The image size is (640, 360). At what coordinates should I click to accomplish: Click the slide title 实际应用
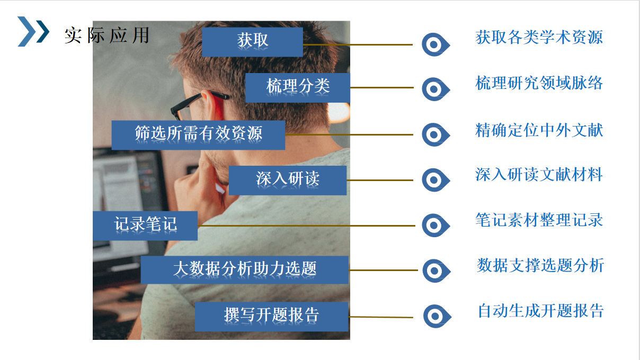107,35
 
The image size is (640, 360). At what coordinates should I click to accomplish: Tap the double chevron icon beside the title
33,31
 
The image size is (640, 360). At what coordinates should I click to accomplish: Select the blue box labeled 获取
252,42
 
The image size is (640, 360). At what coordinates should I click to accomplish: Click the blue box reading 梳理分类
298,88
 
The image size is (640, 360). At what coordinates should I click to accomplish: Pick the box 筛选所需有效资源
198,135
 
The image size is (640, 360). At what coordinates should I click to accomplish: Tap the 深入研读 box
288,181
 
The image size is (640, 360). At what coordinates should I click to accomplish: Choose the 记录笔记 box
145,226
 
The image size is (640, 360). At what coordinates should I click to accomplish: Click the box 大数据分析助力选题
245,270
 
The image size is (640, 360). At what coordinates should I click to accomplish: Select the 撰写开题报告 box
271,316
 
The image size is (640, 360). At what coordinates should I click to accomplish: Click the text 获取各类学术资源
539,37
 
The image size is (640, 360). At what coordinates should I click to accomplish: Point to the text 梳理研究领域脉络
539,83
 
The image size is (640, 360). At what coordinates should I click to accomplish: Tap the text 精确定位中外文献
539,130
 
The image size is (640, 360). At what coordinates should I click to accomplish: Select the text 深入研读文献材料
539,174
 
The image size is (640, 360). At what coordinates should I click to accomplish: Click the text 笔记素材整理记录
539,220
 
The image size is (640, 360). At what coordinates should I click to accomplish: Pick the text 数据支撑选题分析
540,265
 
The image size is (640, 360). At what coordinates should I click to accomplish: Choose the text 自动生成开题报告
541,311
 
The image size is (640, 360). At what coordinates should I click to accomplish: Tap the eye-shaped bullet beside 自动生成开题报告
431,316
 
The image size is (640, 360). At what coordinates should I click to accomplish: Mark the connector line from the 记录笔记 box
306,226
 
